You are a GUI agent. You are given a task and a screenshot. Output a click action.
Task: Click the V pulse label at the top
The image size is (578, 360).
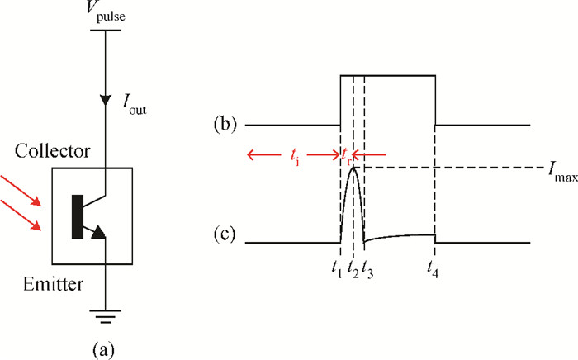point(106,11)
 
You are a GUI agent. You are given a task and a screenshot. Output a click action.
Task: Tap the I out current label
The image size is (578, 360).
point(134,105)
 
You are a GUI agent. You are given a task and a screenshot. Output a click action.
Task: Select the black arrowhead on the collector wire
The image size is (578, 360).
point(106,100)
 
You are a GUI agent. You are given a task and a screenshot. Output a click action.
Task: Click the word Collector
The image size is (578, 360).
point(52,151)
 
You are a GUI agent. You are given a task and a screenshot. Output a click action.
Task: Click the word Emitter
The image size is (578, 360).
point(53,284)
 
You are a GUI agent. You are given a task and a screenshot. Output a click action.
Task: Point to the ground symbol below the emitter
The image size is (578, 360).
point(106,316)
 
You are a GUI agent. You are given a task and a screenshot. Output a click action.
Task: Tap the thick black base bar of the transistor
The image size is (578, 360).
point(78,216)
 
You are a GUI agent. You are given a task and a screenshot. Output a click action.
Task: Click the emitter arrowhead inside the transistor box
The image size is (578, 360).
point(98,232)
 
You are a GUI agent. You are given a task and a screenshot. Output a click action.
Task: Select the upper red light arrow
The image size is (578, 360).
point(21,191)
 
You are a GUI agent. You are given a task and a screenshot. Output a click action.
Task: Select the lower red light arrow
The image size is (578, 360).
point(21,216)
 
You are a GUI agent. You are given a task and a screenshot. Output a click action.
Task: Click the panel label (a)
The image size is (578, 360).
point(103,349)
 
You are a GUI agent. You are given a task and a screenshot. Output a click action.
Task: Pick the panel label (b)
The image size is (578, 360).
point(225,124)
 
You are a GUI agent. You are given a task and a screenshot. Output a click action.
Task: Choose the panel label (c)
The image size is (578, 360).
point(224,235)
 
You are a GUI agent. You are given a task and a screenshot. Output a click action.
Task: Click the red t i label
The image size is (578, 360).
point(294,157)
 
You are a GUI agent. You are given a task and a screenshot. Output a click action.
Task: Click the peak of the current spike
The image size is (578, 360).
point(353,168)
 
